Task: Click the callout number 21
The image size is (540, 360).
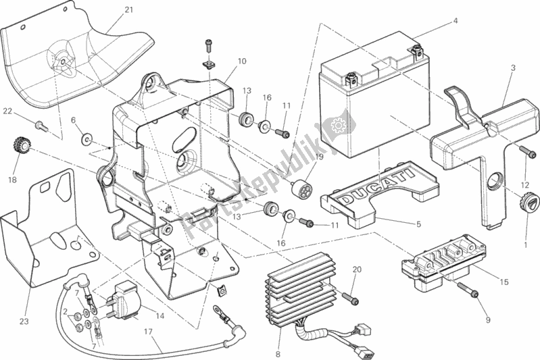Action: [129, 9]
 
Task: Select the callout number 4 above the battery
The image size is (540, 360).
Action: [456, 21]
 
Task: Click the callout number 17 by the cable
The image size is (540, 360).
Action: [148, 332]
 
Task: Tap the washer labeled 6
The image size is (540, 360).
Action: [87, 140]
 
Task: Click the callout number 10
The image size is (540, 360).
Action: [242, 61]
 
